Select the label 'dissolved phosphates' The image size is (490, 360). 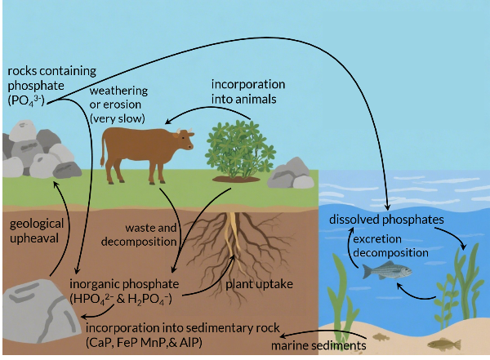click(386, 220)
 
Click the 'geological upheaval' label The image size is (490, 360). click(33, 231)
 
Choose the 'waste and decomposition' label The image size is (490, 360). click(150, 233)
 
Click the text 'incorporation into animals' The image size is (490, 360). click(248, 91)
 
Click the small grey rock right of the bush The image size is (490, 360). click(291, 174)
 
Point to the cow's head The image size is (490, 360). click(185, 140)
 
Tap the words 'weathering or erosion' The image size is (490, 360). click(123, 103)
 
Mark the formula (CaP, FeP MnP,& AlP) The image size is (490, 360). click(144, 342)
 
